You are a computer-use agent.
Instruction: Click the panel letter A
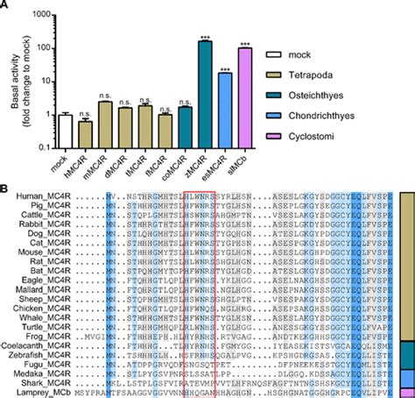tap(6, 6)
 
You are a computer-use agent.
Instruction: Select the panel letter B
tap(6, 188)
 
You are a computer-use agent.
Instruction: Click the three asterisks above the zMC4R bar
tap(206, 37)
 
